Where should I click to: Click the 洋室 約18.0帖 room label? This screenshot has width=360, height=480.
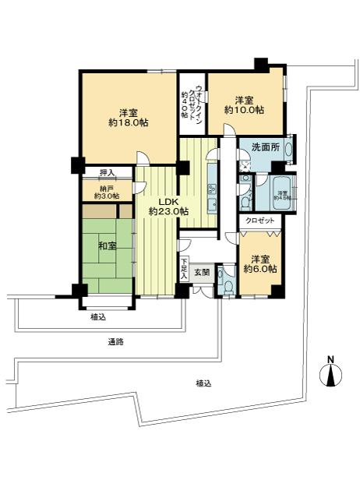pyautogui.click(x=122, y=117)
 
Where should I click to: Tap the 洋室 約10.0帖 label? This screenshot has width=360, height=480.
pyautogui.click(x=244, y=105)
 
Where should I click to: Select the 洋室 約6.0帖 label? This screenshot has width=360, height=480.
pyautogui.click(x=258, y=263)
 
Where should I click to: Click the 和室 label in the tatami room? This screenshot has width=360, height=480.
pyautogui.click(x=107, y=247)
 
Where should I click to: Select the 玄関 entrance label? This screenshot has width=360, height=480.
pyautogui.click(x=202, y=272)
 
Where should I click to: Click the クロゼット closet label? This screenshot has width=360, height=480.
pyautogui.click(x=259, y=221)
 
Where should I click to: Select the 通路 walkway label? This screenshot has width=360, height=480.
pyautogui.click(x=116, y=341)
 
